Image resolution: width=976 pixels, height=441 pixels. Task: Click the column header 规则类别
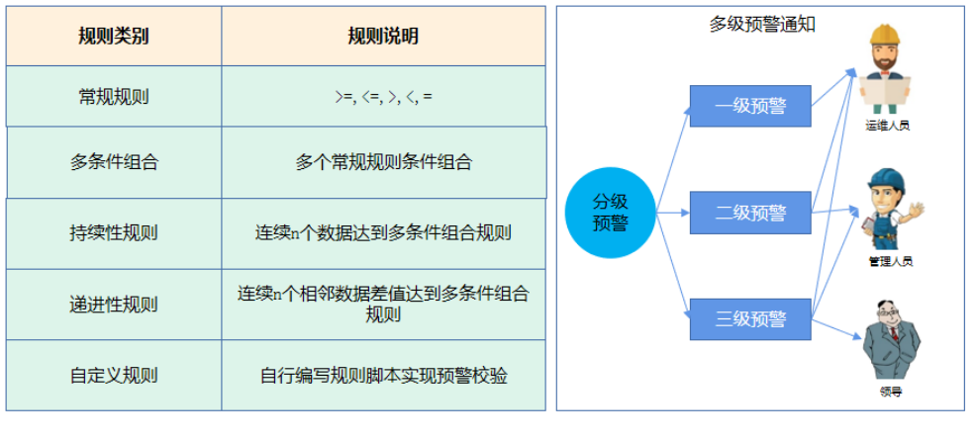(x=114, y=37)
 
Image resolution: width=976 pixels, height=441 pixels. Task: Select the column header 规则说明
(x=383, y=37)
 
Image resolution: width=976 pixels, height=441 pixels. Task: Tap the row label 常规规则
(x=114, y=97)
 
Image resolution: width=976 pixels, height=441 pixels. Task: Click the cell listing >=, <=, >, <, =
(x=383, y=97)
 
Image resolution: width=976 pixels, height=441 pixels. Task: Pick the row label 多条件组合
(x=114, y=162)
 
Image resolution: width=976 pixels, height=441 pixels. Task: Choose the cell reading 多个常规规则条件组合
(x=383, y=162)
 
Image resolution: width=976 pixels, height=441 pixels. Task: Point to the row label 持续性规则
(x=114, y=233)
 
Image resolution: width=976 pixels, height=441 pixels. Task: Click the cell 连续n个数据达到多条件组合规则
(x=383, y=233)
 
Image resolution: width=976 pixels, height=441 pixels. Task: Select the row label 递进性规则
(x=114, y=305)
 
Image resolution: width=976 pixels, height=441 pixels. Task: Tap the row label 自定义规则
(x=114, y=376)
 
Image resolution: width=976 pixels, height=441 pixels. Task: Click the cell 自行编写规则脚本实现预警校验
(x=383, y=376)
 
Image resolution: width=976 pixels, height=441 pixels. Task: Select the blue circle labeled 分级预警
(x=611, y=213)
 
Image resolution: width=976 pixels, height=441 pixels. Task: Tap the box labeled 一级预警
(x=749, y=107)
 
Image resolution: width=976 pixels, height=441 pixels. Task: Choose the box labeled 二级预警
(x=749, y=213)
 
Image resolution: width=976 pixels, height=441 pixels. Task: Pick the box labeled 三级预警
(x=749, y=318)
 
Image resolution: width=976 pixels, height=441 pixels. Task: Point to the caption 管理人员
(x=890, y=262)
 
